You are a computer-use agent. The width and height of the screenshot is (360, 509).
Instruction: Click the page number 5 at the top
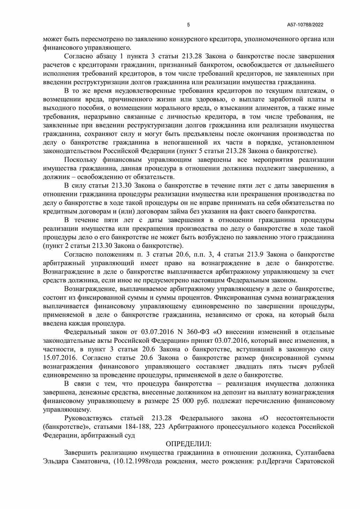(x=189, y=25)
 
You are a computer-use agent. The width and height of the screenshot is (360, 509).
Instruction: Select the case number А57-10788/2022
(x=305, y=25)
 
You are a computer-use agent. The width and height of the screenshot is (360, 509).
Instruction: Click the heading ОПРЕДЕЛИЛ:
(x=189, y=444)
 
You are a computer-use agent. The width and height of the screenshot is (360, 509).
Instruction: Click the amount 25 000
(x=183, y=401)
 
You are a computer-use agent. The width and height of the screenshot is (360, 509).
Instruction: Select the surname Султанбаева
(x=315, y=453)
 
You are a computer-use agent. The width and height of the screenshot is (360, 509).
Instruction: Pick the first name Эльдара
(x=57, y=462)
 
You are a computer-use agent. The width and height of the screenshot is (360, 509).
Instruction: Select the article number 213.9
(x=256, y=254)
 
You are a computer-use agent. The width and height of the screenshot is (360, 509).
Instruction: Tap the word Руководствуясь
(x=89, y=418)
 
